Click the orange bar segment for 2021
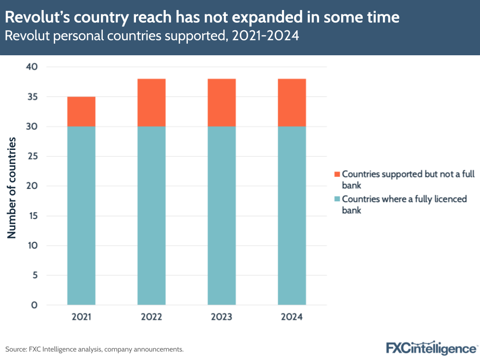pyautogui.click(x=81, y=112)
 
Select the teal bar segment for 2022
pyautogui.click(x=151, y=215)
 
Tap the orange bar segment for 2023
pyautogui.click(x=222, y=102)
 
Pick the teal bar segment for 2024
pyautogui.click(x=292, y=215)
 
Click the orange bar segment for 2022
pyautogui.click(x=151, y=102)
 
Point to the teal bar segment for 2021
pyautogui.click(x=81, y=215)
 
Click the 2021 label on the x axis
pyautogui.click(x=81, y=317)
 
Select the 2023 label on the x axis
pyautogui.click(x=222, y=317)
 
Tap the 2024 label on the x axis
pyautogui.click(x=292, y=317)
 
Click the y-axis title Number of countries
pyautogui.click(x=12, y=187)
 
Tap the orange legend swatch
pyautogui.click(x=336, y=174)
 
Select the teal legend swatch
pyautogui.click(x=336, y=199)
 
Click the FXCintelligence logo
pyautogui.click(x=431, y=348)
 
